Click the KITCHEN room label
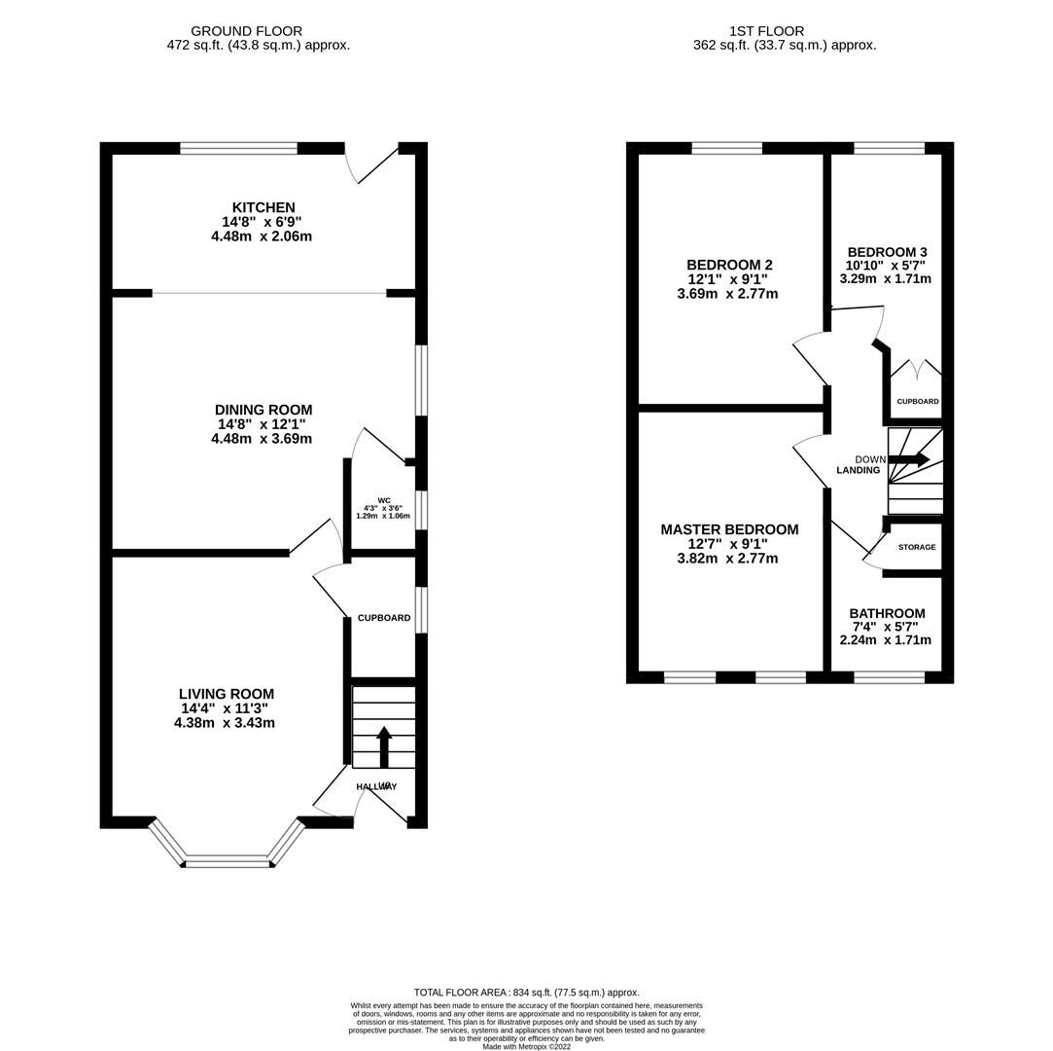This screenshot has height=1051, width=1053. pos(263,207)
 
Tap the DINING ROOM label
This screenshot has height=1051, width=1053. pos(263,410)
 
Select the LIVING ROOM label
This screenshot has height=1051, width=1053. pos(226,694)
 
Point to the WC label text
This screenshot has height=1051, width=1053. pos(384,500)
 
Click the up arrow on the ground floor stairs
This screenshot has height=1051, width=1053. pos(384,745)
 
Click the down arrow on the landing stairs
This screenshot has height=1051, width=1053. pos(909,459)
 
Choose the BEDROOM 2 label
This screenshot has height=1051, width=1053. pos(729,265)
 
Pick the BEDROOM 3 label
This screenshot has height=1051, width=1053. pos(887,251)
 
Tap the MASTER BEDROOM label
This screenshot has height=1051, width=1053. pos(729,529)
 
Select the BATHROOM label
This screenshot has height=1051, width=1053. pos(887,613)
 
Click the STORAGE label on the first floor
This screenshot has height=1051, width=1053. pos(917,547)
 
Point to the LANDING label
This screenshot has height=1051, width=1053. pos(859,470)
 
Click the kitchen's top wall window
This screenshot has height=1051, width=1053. pos(238,148)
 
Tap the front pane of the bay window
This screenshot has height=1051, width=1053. pos(227,861)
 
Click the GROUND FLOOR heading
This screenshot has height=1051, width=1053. pos(246,31)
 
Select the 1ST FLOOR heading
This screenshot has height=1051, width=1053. pos(766,31)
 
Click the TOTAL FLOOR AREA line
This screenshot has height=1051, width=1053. pos(526,993)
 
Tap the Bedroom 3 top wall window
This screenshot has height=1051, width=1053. pos(889,148)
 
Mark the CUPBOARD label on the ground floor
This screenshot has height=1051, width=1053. pos(384,618)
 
